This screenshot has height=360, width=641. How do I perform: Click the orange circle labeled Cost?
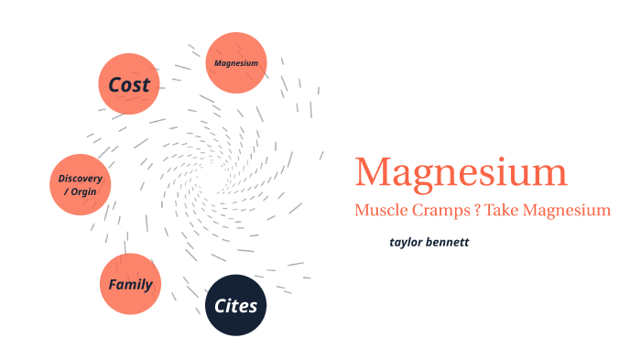130,84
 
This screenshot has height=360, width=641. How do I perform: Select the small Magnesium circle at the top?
236,63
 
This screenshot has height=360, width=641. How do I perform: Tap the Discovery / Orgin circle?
81,184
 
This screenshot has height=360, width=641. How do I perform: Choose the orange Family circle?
130,284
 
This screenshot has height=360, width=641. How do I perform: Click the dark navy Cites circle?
235,305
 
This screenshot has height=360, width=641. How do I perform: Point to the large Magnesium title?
461,173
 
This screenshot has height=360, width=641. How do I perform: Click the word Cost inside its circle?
129,85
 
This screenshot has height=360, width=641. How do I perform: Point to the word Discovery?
81,178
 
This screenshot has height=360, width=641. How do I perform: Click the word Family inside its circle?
130,284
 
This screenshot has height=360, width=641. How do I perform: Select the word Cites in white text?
235,305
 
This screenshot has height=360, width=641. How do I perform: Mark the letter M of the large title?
374,173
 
